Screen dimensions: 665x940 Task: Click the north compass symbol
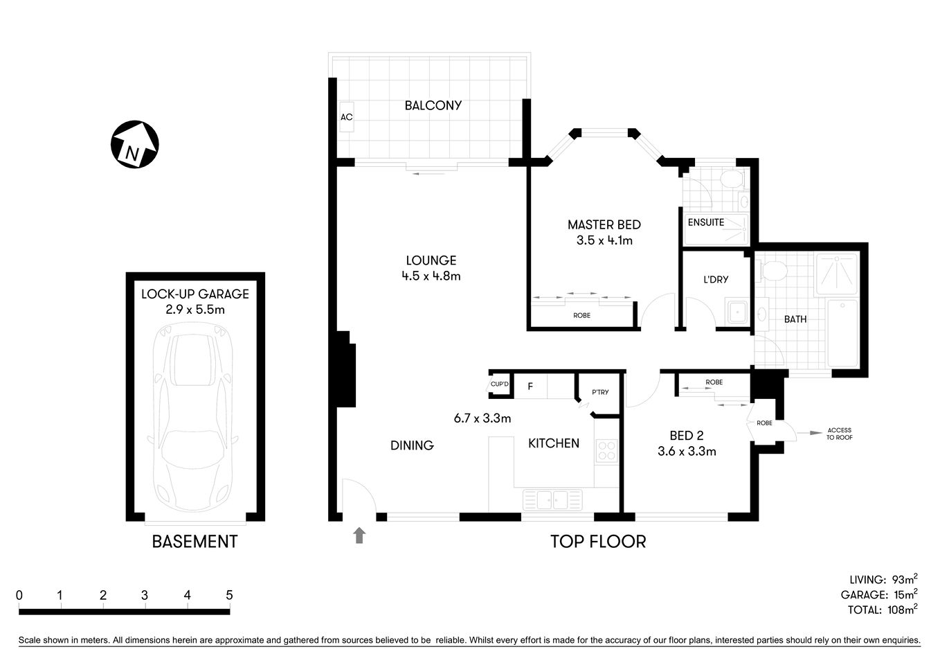(x=135, y=144)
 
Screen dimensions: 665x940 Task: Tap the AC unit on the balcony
(x=346, y=117)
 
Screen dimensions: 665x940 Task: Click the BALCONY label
(x=433, y=105)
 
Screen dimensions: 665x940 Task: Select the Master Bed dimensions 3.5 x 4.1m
(x=604, y=241)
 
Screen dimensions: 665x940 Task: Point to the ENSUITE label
(x=705, y=222)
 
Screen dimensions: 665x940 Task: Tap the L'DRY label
(x=715, y=280)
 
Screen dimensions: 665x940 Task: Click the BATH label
(x=795, y=319)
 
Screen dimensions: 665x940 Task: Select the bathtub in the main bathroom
(x=842, y=333)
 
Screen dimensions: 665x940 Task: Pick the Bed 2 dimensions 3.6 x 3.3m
(x=687, y=452)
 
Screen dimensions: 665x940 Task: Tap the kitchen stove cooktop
(x=606, y=451)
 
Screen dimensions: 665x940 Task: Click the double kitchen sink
(x=552, y=498)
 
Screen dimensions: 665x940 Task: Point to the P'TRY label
(x=599, y=393)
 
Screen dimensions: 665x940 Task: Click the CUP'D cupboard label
(x=499, y=384)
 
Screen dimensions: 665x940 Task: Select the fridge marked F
(x=530, y=386)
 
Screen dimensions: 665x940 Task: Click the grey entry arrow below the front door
(x=359, y=535)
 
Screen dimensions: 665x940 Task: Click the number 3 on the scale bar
(x=145, y=595)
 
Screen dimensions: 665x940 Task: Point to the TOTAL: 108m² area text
(x=882, y=610)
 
